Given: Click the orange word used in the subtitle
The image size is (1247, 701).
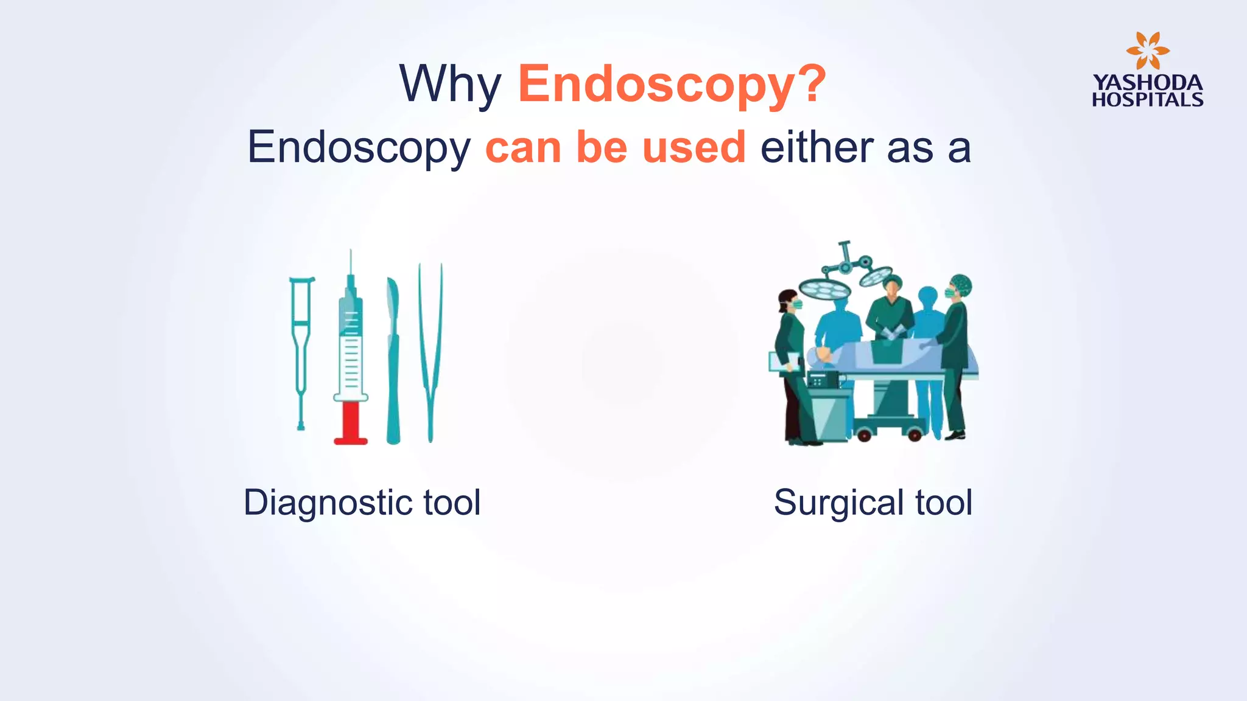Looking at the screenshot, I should coord(694,147).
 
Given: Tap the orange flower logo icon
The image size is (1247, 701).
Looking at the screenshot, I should coord(1147,51).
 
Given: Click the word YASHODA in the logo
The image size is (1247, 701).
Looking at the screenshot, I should coord(1147,83).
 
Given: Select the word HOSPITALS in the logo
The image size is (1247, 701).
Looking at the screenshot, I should coord(1147,100).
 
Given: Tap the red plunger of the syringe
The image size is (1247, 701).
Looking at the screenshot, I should coord(351,422).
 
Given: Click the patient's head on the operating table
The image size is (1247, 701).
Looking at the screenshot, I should coord(821,355).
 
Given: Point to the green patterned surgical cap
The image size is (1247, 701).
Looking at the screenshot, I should coord(961,284).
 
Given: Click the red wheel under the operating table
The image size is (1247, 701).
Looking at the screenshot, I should coord(914,434).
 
